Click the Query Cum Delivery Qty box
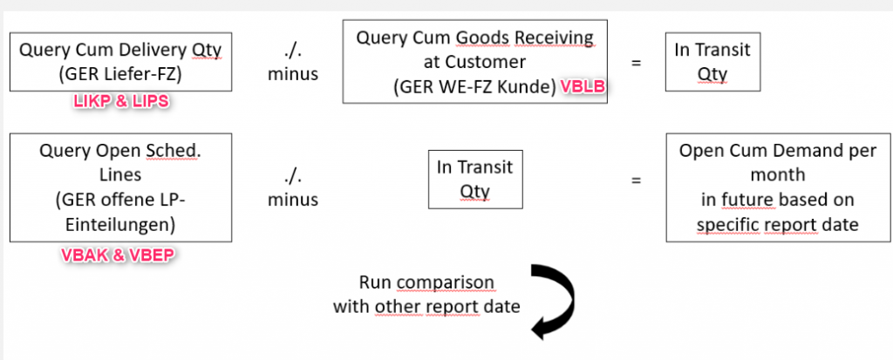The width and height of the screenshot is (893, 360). point(120,61)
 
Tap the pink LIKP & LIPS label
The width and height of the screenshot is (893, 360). point(120,102)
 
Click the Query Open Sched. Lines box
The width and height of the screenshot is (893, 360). point(120,187)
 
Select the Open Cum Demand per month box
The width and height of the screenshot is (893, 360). point(777,187)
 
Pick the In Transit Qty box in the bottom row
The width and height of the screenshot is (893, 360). point(476,179)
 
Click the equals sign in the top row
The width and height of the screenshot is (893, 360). point(637,62)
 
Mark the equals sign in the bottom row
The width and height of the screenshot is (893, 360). point(637,180)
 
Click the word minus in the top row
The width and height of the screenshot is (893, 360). point(293,74)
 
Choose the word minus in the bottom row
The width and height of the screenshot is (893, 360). point(293,200)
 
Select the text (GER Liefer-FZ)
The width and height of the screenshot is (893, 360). point(120,73)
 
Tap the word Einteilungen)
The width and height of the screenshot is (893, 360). point(120,224)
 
